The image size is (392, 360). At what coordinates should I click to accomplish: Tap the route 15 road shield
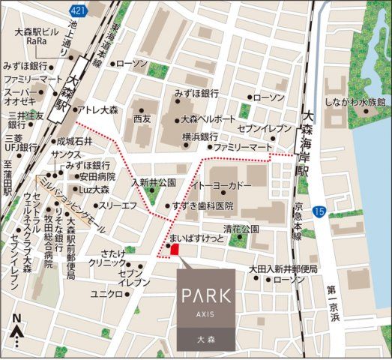coord(320,212)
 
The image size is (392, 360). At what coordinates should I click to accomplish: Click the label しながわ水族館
coord(353,101)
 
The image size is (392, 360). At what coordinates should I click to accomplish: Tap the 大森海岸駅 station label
coord(305,146)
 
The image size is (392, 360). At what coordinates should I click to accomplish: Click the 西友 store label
coord(142,118)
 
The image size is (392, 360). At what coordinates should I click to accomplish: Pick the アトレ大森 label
coord(98,109)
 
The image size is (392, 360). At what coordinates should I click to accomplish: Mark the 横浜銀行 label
coord(200,136)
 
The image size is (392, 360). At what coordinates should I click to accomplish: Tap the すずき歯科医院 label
coord(202,205)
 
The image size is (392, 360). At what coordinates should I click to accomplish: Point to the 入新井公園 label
coord(154,182)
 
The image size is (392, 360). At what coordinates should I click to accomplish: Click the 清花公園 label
coord(241,228)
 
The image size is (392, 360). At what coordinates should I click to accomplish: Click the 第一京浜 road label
coord(334,304)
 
